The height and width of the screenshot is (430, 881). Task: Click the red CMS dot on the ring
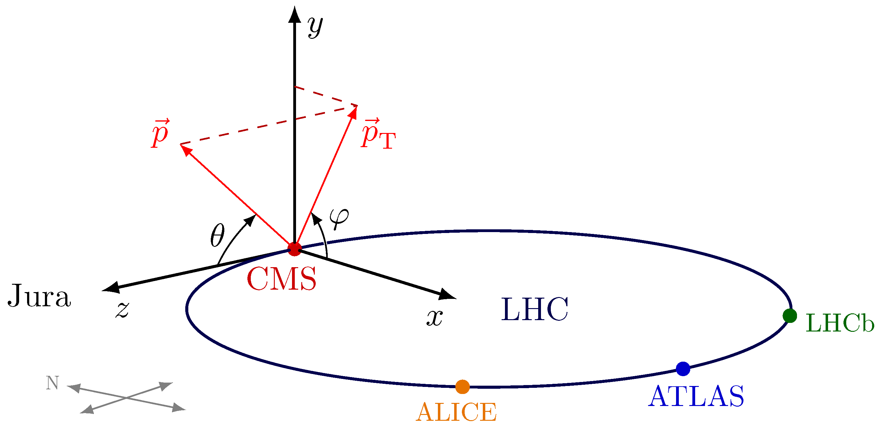point(294,249)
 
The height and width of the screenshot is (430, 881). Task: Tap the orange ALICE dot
point(463,387)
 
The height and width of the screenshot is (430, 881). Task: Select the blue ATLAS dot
point(683,369)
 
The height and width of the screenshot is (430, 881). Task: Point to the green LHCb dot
point(790,316)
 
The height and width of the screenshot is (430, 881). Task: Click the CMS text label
point(282,279)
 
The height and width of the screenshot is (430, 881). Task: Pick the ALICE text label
point(456,412)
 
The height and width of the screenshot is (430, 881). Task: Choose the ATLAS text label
point(696,396)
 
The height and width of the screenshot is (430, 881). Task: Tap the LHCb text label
point(840,323)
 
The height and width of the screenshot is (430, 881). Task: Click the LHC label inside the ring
point(535,309)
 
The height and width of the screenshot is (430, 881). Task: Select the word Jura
point(39,296)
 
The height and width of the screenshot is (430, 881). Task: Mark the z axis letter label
point(122,310)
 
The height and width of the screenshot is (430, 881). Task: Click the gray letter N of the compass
point(52,383)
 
